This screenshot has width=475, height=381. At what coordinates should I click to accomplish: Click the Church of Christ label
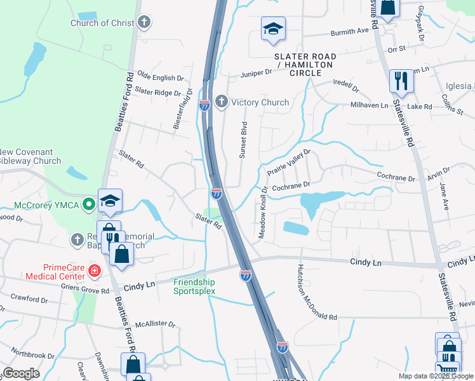(x=102, y=23)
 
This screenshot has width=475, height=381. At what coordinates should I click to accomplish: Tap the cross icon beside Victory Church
(x=222, y=102)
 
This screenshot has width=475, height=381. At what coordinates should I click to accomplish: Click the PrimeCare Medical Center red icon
(x=95, y=272)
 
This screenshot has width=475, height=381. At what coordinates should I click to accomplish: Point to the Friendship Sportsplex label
(x=194, y=286)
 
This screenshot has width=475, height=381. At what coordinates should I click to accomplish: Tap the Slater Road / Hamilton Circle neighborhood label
(x=305, y=65)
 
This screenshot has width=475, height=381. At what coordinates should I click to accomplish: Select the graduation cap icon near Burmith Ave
(x=273, y=29)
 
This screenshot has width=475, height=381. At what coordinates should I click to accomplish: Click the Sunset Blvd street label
(x=243, y=140)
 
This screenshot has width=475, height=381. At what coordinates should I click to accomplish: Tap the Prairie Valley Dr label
(x=288, y=161)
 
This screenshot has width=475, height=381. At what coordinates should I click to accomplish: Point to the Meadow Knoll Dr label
(x=262, y=212)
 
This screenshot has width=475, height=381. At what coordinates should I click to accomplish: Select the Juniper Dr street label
(x=256, y=73)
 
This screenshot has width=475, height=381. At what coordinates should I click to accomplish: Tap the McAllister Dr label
(x=155, y=324)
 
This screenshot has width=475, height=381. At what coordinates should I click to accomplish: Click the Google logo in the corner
(x=21, y=373)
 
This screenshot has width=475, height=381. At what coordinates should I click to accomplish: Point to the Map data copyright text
(x=436, y=376)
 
